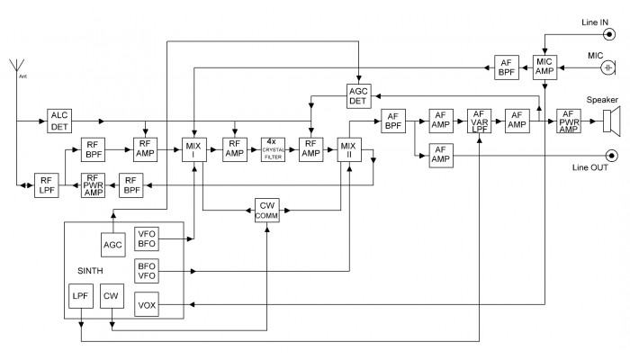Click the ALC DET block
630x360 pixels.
click(59, 121)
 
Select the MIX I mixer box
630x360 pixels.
click(193, 148)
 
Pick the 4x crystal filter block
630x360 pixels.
click(273, 148)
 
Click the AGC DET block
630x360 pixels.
click(359, 96)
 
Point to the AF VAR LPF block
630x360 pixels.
click(479, 121)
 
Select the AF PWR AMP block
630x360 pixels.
click(568, 121)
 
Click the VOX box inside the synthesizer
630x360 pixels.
click(145, 304)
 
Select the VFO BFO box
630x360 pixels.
click(145, 238)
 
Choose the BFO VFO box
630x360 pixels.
click(145, 270)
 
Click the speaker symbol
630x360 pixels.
click(612, 121)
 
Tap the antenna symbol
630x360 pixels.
click(15, 67)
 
